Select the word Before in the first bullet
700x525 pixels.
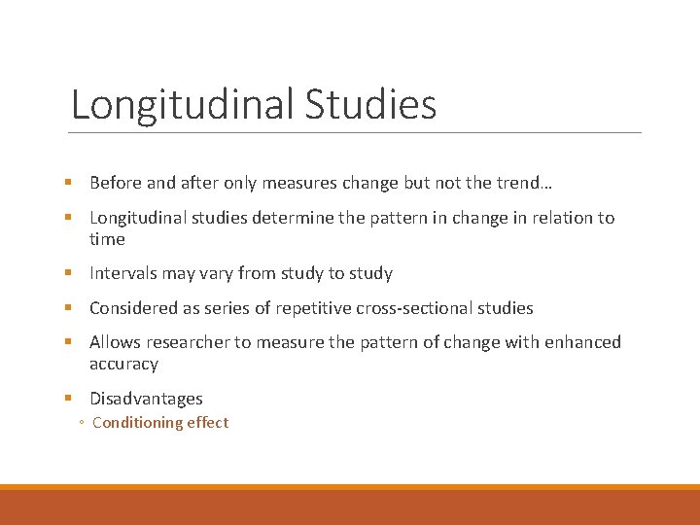point(116,183)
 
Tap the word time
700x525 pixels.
point(107,239)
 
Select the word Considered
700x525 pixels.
point(133,308)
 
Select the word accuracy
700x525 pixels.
point(123,364)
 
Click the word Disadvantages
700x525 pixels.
point(146,399)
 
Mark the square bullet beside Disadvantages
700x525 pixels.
point(76,399)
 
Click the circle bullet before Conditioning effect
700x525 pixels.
point(82,423)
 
